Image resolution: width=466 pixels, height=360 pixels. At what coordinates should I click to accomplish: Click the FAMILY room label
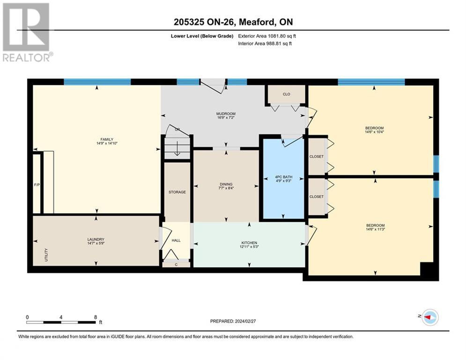(x=107, y=139)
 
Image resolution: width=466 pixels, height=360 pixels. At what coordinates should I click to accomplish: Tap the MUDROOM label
(x=226, y=113)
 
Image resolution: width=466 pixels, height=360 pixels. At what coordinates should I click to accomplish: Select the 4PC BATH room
(x=283, y=179)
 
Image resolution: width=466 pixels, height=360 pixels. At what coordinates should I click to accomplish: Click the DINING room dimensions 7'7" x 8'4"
(x=226, y=188)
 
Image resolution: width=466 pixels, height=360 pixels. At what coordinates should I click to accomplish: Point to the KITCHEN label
(x=249, y=243)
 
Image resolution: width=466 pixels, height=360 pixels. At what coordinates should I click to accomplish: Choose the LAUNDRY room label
(x=96, y=239)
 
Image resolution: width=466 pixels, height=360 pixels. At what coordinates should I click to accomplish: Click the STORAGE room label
(x=177, y=192)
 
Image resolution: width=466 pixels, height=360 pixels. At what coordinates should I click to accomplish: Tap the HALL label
(x=176, y=240)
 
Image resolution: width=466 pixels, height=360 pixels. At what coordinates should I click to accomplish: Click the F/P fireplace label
(x=37, y=185)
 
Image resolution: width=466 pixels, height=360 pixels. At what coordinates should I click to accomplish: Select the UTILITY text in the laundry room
(x=46, y=255)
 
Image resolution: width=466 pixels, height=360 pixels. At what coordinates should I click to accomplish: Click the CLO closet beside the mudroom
(x=287, y=94)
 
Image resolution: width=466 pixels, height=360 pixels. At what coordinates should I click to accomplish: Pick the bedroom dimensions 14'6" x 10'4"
(x=375, y=132)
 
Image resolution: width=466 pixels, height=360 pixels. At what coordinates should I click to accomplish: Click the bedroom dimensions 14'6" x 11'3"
(x=375, y=229)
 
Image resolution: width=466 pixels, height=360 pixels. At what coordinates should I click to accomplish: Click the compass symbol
(x=430, y=317)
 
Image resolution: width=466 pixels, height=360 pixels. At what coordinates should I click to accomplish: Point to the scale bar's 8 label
(x=96, y=317)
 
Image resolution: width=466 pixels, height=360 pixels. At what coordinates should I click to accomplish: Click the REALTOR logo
(x=27, y=32)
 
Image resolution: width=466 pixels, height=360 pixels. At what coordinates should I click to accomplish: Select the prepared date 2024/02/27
(x=245, y=321)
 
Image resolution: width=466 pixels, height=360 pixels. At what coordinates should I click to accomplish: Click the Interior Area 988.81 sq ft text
(x=265, y=44)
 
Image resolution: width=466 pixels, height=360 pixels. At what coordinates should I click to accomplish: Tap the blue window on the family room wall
(x=97, y=82)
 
